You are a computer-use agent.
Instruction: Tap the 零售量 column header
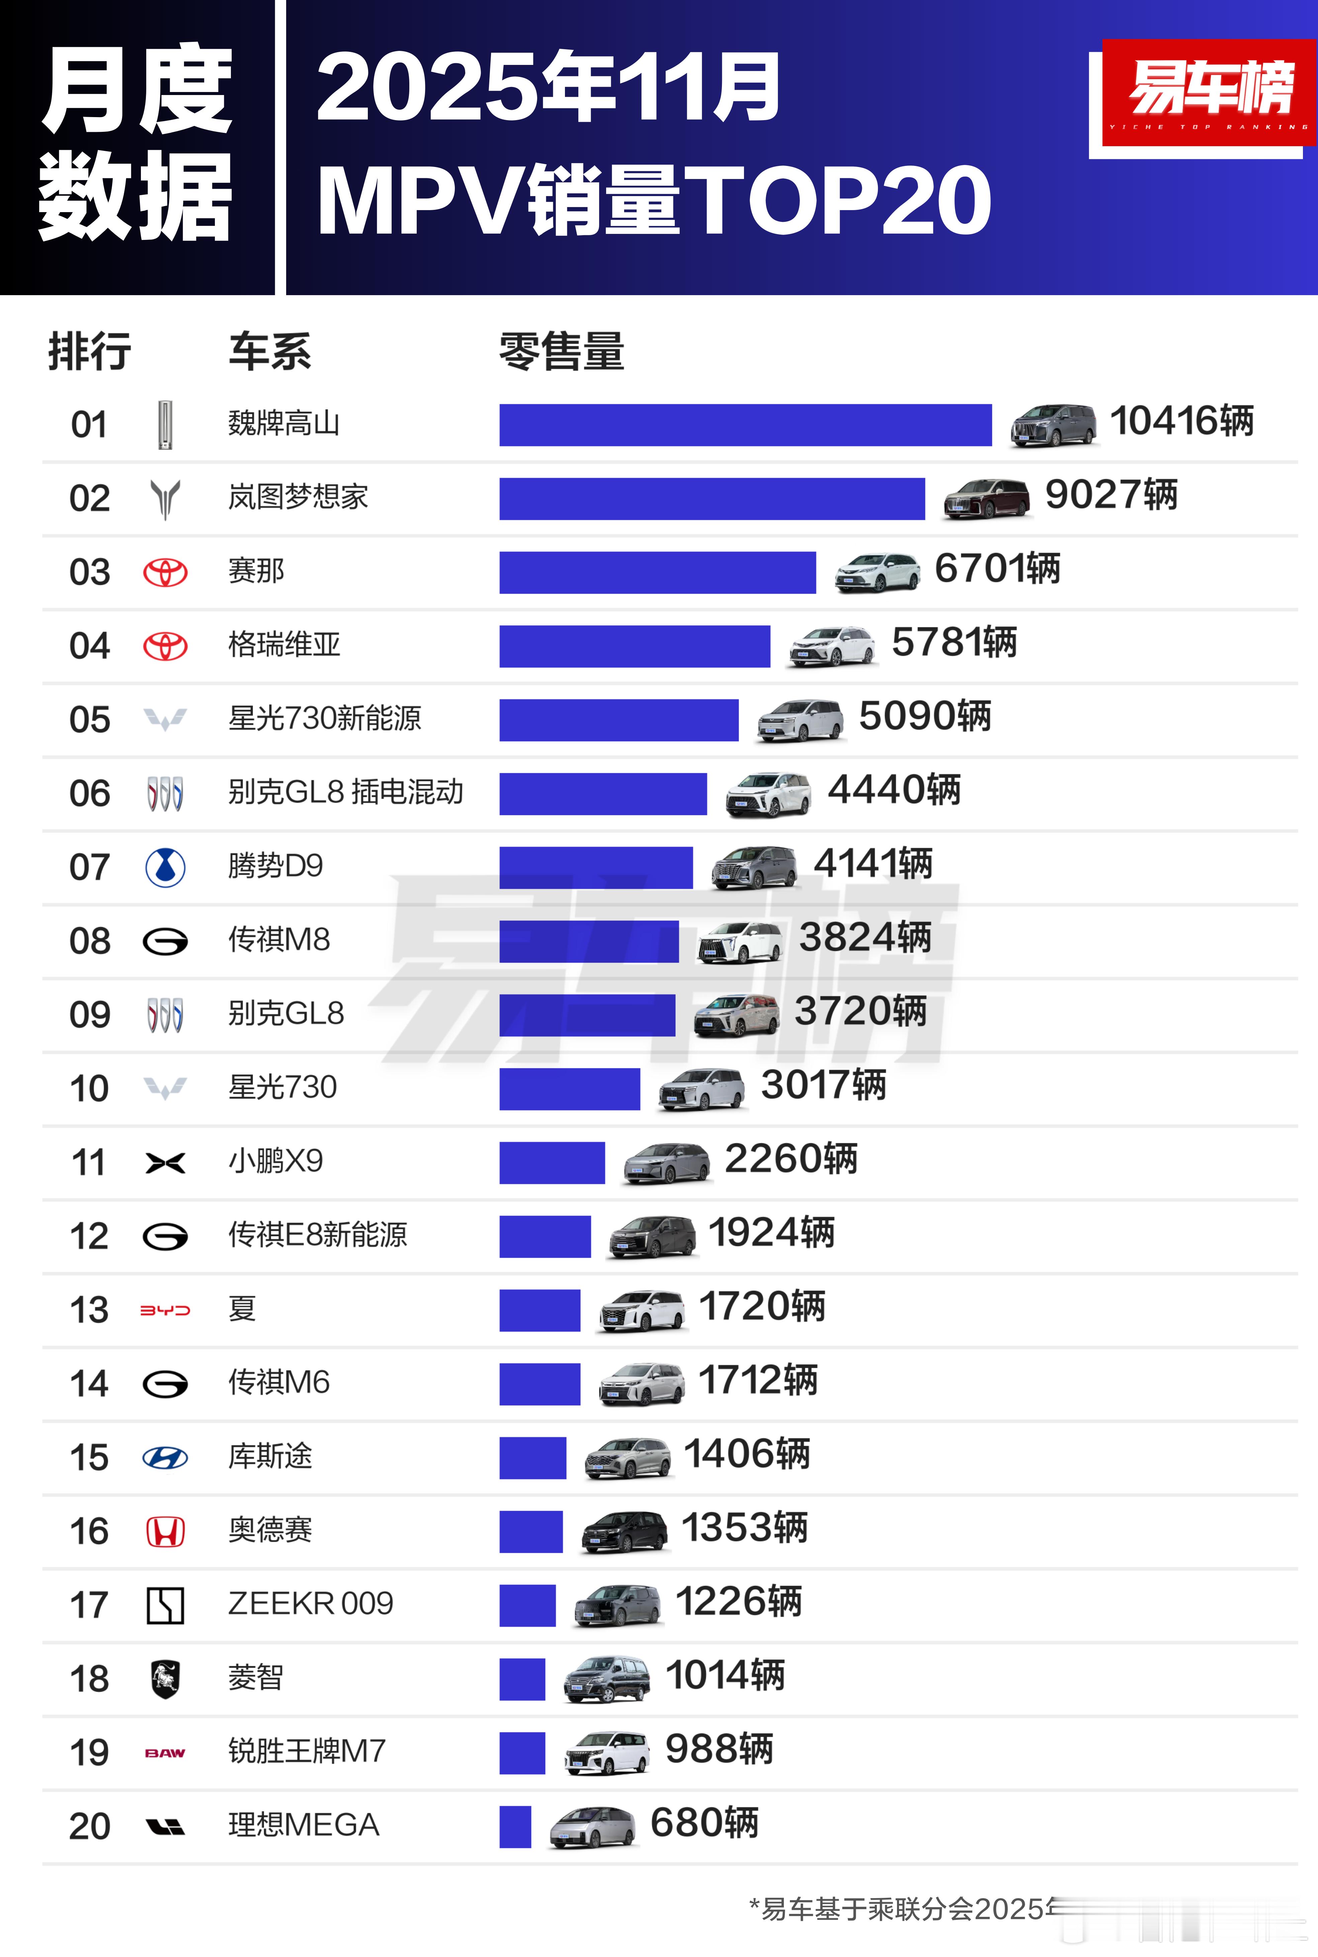pos(562,351)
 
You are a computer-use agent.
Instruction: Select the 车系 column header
pos(270,351)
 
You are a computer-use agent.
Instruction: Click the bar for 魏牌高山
pos(745,425)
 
